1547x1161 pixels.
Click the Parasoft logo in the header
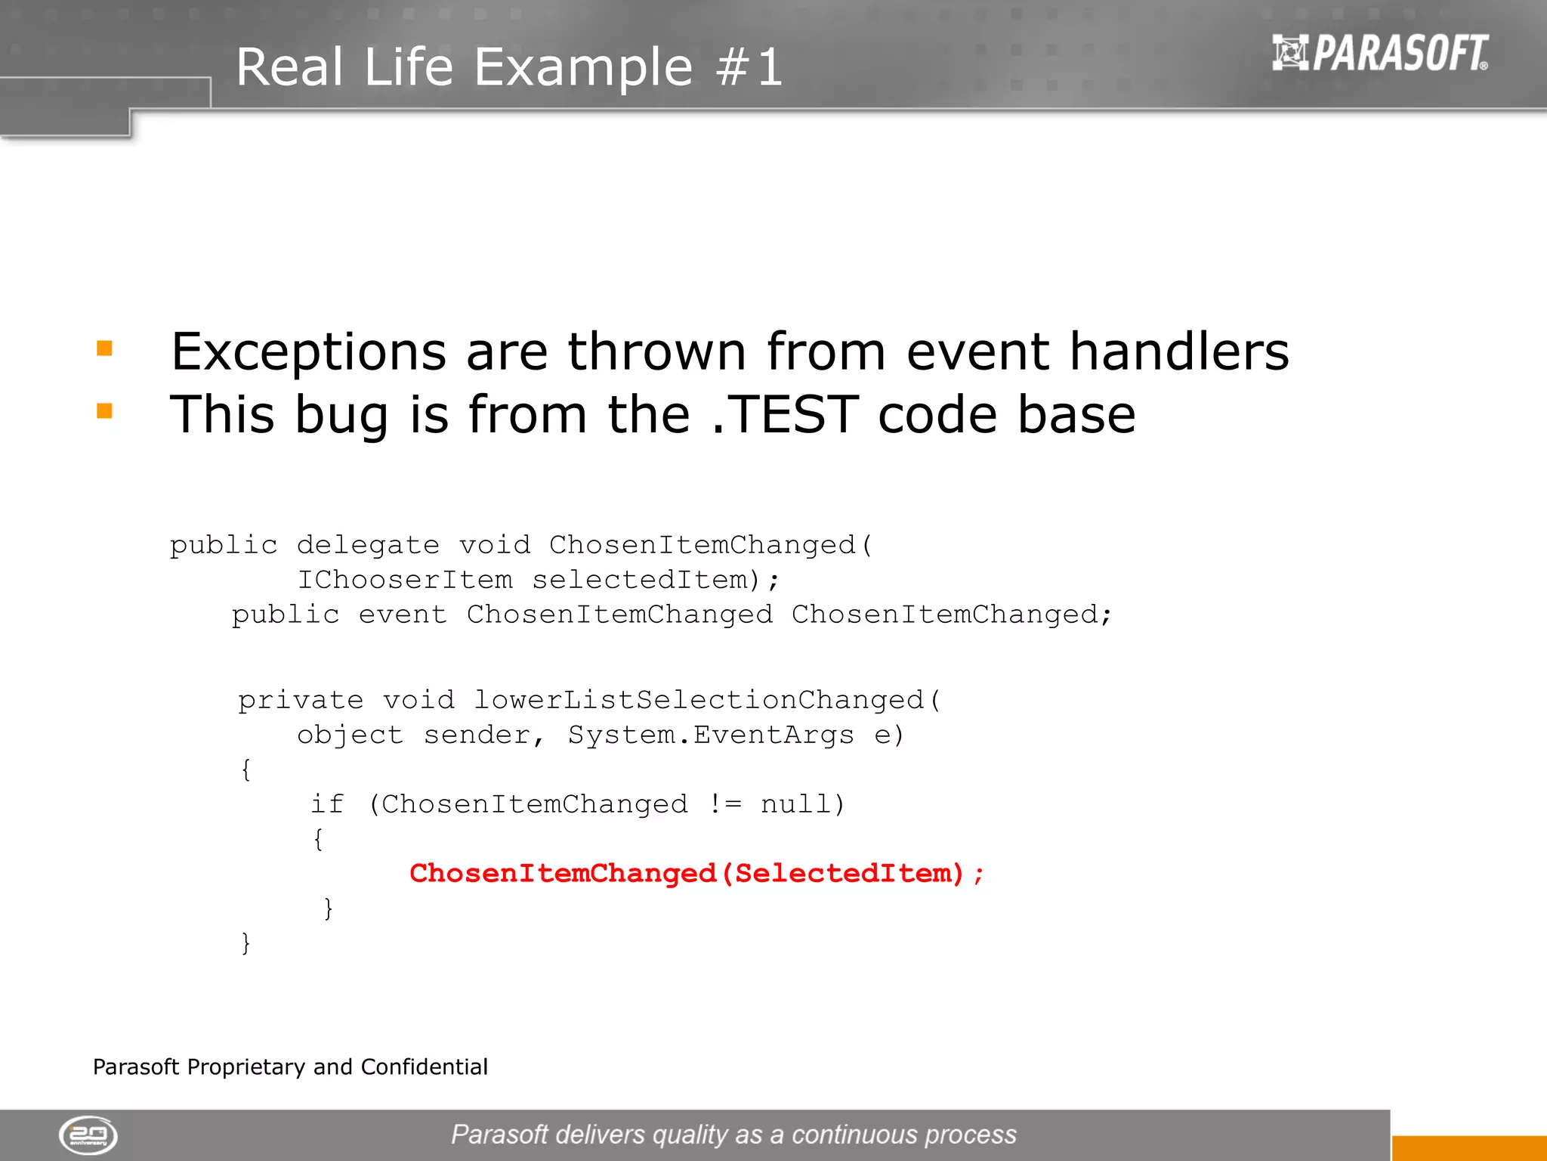point(1379,53)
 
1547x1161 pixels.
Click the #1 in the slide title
point(749,67)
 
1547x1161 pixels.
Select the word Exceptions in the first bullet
point(308,352)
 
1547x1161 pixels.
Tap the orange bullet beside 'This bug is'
point(104,411)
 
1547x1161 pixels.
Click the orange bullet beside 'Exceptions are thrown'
point(104,348)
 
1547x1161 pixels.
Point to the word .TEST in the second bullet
point(784,415)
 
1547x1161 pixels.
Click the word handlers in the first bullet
point(1179,352)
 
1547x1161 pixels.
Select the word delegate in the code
point(368,545)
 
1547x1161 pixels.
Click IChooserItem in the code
point(404,580)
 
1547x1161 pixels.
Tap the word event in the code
point(402,615)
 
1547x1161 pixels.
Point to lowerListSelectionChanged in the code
point(699,700)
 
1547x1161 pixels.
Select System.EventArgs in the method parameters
point(711,735)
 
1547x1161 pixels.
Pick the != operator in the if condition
point(724,804)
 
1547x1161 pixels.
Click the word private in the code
point(301,700)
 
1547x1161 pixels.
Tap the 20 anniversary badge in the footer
point(88,1135)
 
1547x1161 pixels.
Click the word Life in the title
point(408,67)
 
